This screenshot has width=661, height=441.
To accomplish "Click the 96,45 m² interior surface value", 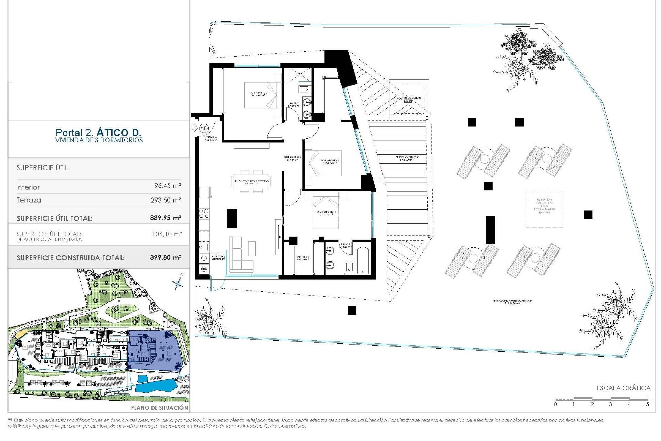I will click(167, 186).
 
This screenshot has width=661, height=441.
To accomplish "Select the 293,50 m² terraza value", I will click(166, 200).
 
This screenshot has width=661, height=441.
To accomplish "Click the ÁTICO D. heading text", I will click(119, 132).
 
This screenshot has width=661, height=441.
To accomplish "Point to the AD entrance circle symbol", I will click(204, 128).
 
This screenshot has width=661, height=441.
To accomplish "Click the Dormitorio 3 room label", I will click(258, 94).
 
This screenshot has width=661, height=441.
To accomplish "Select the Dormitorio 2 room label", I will click(330, 161).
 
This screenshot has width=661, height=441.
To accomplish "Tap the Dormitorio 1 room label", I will click(326, 213).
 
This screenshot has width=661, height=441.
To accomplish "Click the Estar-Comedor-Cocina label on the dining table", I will click(252, 182).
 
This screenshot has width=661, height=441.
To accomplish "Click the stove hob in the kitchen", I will click(204, 214).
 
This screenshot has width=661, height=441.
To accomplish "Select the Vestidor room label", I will click(303, 258).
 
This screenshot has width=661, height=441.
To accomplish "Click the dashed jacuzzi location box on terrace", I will click(544, 209).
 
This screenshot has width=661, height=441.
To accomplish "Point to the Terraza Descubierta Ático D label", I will click(512, 302).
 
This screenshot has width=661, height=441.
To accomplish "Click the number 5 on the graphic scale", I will click(647, 404).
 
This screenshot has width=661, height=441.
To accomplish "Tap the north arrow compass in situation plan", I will click(178, 283).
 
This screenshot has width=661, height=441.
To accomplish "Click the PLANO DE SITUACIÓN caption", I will click(159, 408).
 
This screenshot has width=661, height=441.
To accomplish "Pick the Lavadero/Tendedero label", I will click(218, 257).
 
